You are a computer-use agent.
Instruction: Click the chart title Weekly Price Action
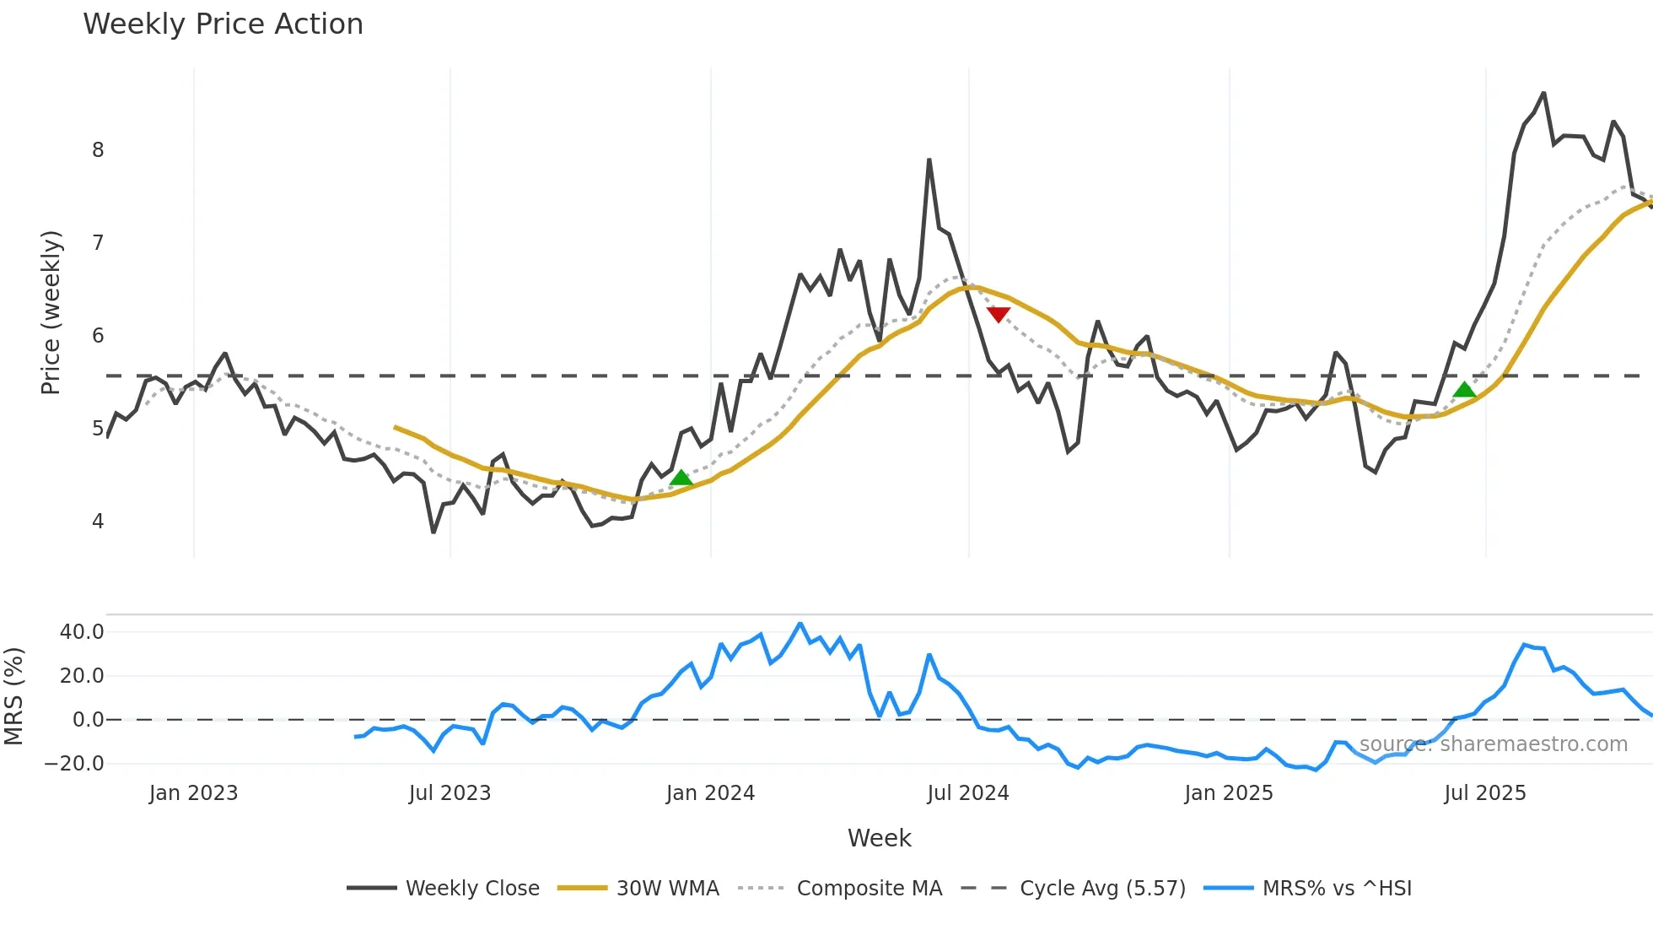pos(223,24)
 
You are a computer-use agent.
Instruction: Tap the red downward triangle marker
pos(998,314)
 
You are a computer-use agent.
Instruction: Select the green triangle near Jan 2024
pos(681,479)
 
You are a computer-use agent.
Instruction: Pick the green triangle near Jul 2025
pos(1464,390)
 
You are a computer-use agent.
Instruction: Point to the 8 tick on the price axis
pos(98,150)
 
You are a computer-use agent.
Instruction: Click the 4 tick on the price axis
pos(98,522)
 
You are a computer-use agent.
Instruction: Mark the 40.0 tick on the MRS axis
pos(82,632)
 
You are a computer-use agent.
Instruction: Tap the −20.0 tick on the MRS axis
pos(75,764)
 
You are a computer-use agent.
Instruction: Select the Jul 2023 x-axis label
pos(450,793)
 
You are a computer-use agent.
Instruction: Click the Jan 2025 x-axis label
pos(1228,793)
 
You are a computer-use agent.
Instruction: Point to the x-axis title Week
pos(879,838)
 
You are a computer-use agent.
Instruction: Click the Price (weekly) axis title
pos(51,312)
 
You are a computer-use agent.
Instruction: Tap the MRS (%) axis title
pos(13,696)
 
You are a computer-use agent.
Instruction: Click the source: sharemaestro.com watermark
pos(1493,744)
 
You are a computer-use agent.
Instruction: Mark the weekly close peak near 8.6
pos(1543,93)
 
